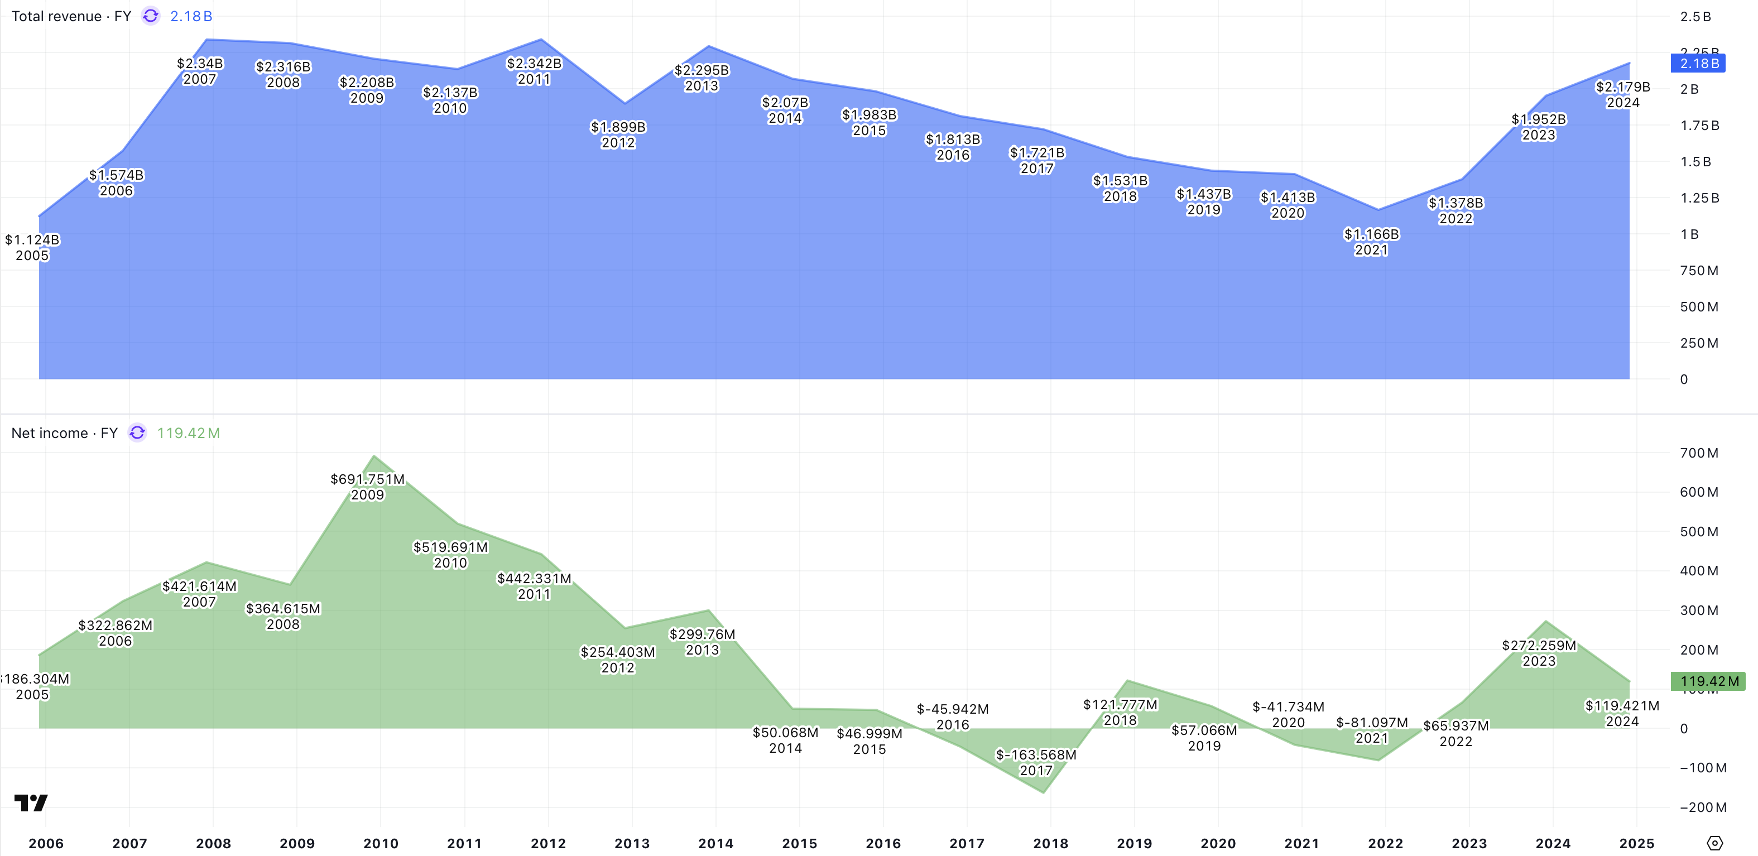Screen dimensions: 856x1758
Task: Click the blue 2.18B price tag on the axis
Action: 1698,64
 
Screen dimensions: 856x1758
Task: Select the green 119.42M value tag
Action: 1708,681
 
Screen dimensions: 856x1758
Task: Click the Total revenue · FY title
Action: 71,16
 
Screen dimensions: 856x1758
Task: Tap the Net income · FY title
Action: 64,433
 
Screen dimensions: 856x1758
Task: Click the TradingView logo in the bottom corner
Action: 31,803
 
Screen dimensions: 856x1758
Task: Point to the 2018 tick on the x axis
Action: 1050,843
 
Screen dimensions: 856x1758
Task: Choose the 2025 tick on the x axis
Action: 1636,843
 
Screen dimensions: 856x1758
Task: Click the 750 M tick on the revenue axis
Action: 1699,270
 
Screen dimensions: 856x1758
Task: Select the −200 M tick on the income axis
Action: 1703,807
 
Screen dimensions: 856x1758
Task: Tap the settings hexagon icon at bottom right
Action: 1714,843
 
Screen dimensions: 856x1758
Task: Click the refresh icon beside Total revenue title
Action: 151,16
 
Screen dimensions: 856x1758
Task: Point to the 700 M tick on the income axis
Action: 1699,453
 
